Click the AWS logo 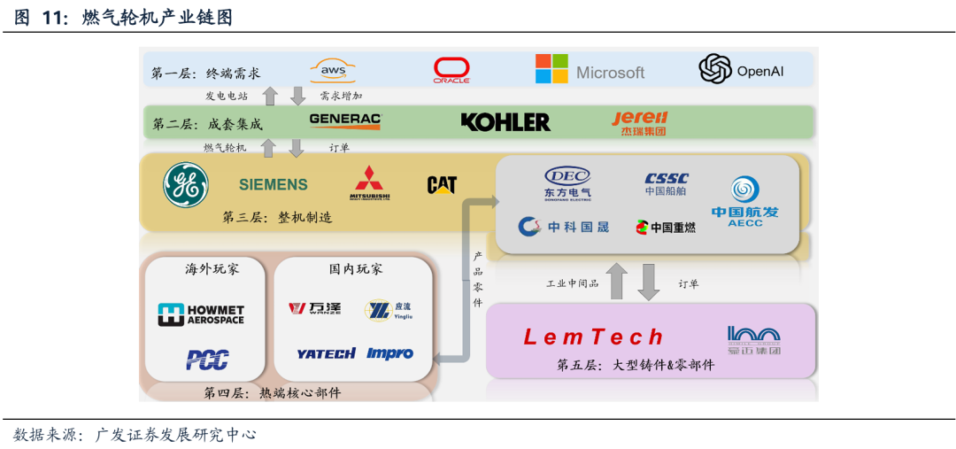333,70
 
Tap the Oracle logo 451,70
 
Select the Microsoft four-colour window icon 551,69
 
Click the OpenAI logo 741,69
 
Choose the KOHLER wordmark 505,121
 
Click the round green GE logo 186,185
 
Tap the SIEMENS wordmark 274,185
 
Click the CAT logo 442,185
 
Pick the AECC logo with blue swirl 744,201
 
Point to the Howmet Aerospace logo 201,314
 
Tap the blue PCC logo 207,360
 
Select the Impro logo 389,353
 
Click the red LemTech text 593,337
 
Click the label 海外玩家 212,268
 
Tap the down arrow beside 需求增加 297,96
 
